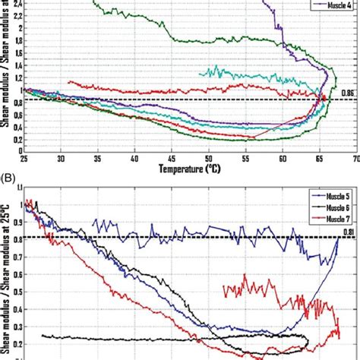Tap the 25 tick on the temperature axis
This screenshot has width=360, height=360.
(24, 157)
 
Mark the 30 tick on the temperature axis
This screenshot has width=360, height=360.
(61, 157)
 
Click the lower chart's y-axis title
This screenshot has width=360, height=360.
(5, 273)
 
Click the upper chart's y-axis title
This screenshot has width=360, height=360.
(5, 76)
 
